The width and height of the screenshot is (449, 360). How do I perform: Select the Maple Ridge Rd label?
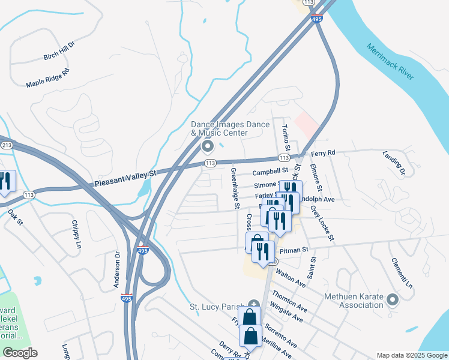coord(48,78)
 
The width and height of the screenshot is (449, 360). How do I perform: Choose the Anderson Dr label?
coord(117,270)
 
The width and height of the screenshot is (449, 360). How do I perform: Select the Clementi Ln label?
coord(402,272)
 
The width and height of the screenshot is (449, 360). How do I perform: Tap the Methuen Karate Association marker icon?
coord(393,299)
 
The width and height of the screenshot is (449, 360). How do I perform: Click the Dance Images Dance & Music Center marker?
coord(208,146)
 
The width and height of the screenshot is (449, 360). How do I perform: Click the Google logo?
coord(20,353)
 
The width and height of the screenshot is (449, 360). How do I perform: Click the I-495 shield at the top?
coord(318,20)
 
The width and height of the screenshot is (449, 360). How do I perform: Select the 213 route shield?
coord(7,145)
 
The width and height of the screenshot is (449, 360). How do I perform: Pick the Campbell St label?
coord(267,172)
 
